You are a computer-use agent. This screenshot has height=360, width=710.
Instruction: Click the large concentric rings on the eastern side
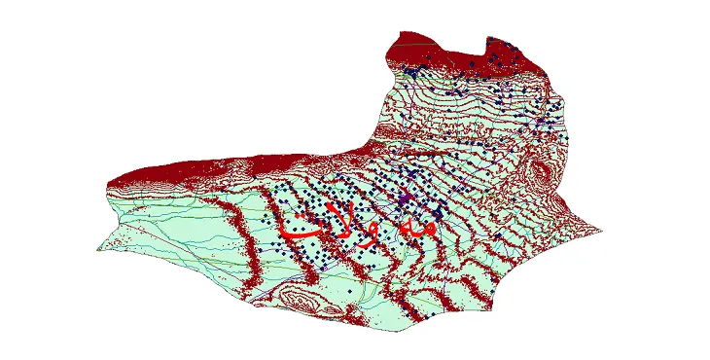coord(538,175)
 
